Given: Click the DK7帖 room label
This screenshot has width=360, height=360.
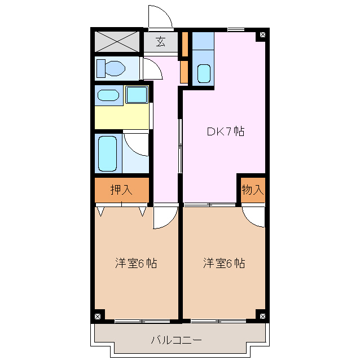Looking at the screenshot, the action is (226, 131).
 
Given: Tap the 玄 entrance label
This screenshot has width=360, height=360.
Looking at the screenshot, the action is (160, 42).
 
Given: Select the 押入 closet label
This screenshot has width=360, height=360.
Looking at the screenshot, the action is (121, 190).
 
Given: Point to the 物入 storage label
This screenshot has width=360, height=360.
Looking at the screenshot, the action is (253, 190).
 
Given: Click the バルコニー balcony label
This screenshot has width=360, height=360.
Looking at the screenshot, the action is (177, 340).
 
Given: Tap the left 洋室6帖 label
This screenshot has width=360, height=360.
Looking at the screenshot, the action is (136, 263).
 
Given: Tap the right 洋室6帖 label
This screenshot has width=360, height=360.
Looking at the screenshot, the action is (224, 263).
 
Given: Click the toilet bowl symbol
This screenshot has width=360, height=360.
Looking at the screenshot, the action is (111, 68).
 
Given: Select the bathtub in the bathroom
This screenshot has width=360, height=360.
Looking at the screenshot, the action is (107, 153).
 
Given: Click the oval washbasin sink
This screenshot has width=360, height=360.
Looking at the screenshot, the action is (108, 95).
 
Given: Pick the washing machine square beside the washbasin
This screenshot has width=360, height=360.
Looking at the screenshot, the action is (137, 94).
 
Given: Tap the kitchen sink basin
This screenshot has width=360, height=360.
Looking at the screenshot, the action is (204, 73).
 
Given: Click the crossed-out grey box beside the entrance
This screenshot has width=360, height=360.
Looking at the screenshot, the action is (117, 42).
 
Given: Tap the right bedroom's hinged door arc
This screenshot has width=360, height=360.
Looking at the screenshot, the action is (249, 221).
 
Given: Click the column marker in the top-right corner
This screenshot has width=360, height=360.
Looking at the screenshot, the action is (262, 34).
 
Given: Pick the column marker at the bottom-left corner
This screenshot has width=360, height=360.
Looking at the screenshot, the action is (98, 317).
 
